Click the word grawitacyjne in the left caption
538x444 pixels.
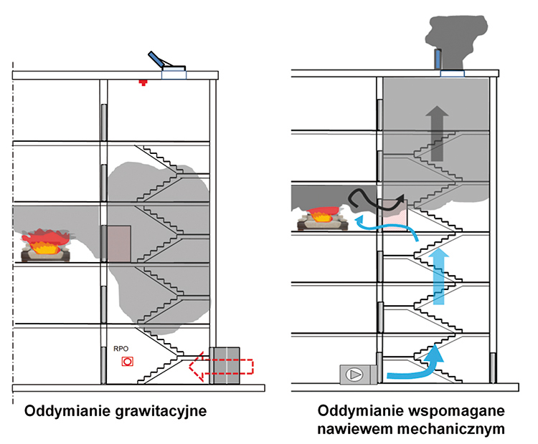(x=159, y=412)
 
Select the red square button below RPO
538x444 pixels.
(x=127, y=362)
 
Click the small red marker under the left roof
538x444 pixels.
(x=143, y=83)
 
